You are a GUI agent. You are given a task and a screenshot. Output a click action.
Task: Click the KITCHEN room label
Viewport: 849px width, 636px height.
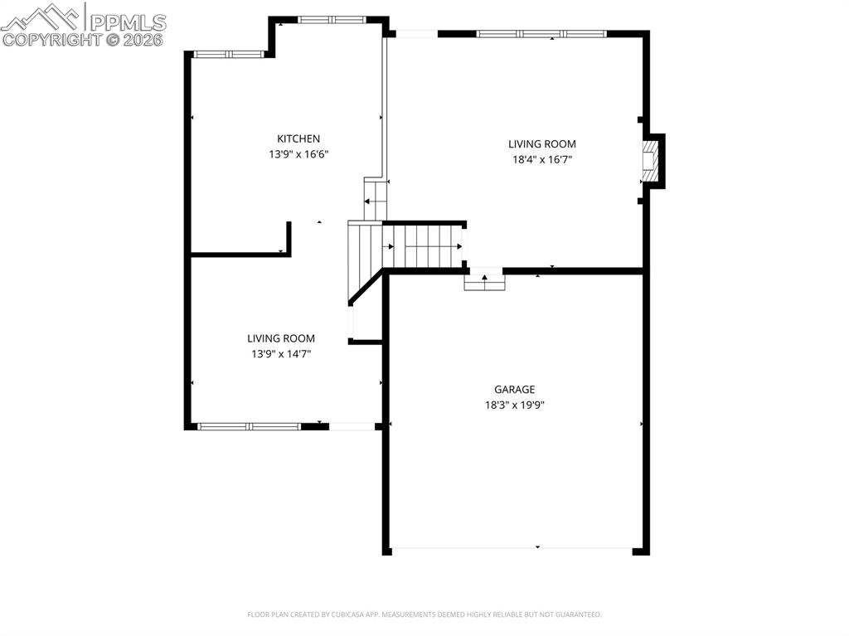(x=298, y=138)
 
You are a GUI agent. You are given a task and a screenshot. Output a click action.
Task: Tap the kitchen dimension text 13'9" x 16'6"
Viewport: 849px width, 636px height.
(x=298, y=154)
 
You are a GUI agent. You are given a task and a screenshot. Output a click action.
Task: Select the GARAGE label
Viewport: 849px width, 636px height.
(x=514, y=389)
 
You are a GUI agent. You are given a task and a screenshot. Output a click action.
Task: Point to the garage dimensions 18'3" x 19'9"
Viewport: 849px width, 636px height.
(x=514, y=405)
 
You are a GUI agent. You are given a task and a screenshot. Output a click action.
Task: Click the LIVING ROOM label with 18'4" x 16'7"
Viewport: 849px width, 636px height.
(x=541, y=144)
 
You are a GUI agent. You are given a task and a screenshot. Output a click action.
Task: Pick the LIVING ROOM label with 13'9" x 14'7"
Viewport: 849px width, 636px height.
(x=281, y=338)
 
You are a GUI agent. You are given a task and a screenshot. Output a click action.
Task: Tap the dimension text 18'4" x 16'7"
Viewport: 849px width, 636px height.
(x=541, y=160)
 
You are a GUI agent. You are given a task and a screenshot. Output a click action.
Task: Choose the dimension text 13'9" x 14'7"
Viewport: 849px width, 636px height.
(x=281, y=354)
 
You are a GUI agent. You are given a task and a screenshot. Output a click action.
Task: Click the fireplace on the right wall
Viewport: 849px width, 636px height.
(x=653, y=161)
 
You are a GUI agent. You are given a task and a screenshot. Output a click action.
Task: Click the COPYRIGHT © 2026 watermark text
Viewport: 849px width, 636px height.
(x=83, y=39)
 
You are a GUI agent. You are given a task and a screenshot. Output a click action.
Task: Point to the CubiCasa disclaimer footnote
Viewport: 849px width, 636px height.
(x=424, y=614)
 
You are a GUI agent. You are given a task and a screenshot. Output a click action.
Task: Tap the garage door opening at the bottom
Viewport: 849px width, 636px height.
(x=511, y=549)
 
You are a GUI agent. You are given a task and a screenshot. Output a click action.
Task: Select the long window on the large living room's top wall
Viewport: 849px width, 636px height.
(x=541, y=34)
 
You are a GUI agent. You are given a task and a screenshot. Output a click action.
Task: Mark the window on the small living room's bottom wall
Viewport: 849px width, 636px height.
(x=249, y=426)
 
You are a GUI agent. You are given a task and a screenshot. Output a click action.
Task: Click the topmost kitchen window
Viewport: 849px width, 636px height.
(x=330, y=19)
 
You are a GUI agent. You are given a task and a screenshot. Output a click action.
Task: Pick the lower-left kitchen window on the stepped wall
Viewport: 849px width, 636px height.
(x=228, y=55)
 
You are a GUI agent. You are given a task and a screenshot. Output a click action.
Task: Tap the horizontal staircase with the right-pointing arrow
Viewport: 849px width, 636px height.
(x=424, y=246)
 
